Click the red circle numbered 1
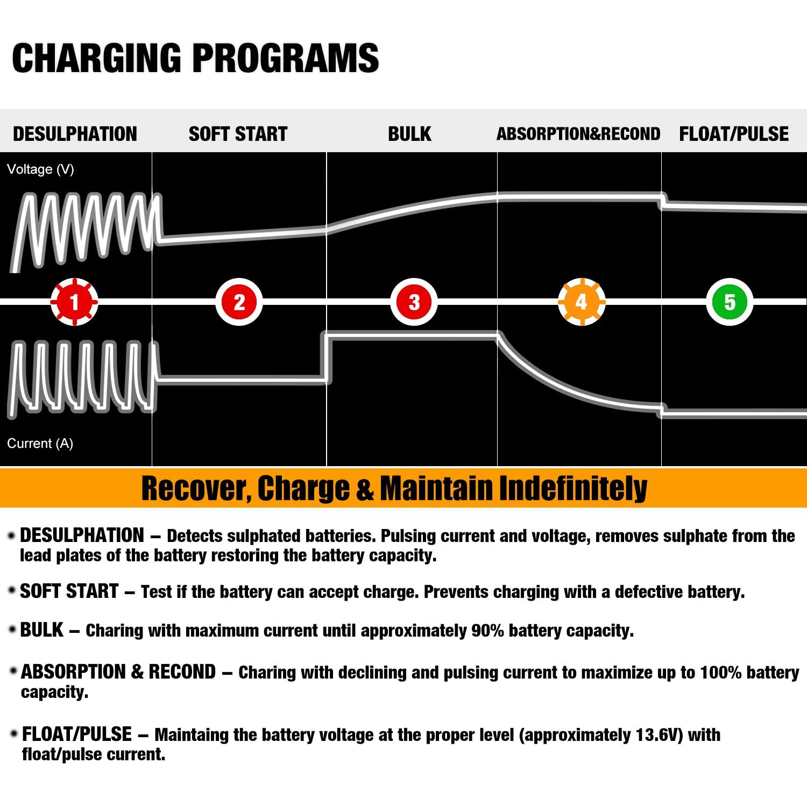pos(74,302)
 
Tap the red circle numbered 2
pos(239,302)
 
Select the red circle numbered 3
pos(414,302)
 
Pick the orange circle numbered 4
pos(581,302)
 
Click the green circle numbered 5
pos(729,302)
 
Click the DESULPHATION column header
pos(75,134)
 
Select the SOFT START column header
pos(238,134)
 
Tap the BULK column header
pos(409,134)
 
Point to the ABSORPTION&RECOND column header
pos(578,134)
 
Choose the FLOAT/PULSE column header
pos(733,134)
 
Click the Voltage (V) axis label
pos(40,169)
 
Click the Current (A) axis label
pos(40,444)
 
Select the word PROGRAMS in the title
pos(285,58)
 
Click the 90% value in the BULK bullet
pos(487,630)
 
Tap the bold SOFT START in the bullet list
pos(69,591)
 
